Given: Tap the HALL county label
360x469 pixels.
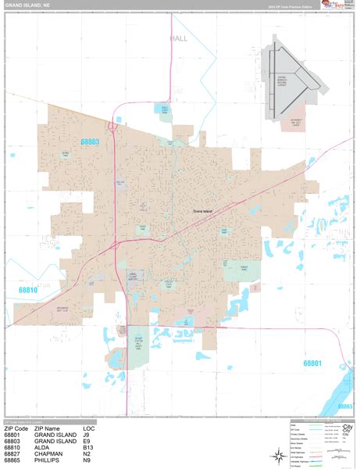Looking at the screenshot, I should [178, 38].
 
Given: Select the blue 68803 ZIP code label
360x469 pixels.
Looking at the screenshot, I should [90, 141].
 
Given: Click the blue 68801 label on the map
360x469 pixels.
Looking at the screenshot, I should [313, 363].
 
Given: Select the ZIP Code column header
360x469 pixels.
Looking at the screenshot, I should [17, 428].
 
